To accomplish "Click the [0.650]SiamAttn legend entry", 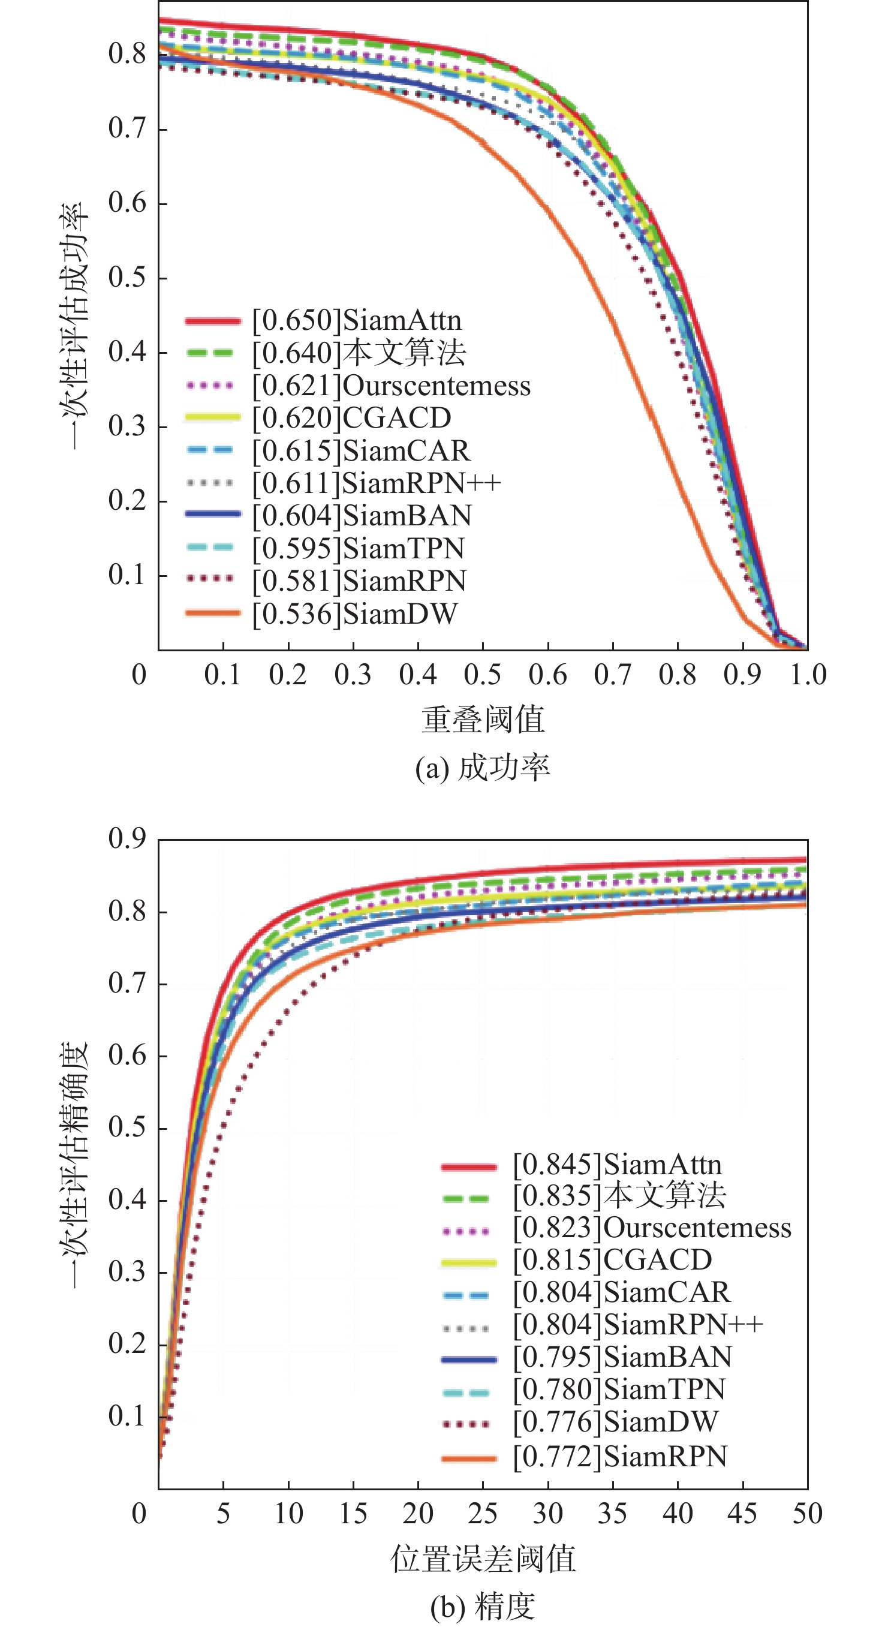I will [x=357, y=321].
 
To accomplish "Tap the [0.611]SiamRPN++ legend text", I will [x=377, y=484].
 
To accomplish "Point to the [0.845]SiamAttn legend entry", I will [x=617, y=1165].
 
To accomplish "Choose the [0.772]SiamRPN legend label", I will [x=620, y=1457].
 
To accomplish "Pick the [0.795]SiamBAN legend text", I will [x=622, y=1357].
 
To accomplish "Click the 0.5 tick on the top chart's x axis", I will [x=483, y=675].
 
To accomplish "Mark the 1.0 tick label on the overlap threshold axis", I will [x=808, y=675].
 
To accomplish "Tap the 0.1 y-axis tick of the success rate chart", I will [x=128, y=575].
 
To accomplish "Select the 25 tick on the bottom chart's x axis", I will [x=483, y=1513].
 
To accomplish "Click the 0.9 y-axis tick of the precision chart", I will [x=128, y=839].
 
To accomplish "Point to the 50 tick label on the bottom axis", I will [x=807, y=1513].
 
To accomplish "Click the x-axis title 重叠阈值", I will [x=483, y=720].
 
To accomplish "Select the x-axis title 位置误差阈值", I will [x=483, y=1559].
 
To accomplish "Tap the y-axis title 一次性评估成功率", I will [x=74, y=326].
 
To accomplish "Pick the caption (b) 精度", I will [x=483, y=1607].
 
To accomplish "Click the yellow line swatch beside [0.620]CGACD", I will [x=213, y=417].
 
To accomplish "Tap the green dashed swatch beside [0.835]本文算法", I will [x=468, y=1198].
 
